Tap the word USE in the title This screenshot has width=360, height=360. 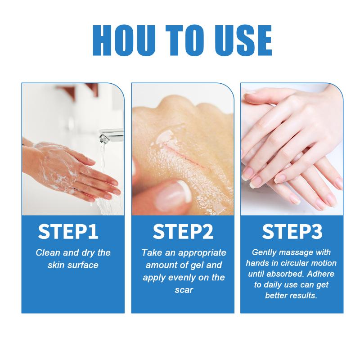[243, 40]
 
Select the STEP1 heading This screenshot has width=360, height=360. [68, 232]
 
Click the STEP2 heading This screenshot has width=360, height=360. [183, 232]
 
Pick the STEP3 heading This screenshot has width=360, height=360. [292, 232]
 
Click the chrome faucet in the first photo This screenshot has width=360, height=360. [111, 135]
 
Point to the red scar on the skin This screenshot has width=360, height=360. [184, 154]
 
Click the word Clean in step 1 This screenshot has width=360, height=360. [48, 253]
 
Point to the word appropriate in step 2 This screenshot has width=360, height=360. [202, 253]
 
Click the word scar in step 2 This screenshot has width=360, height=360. [184, 290]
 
